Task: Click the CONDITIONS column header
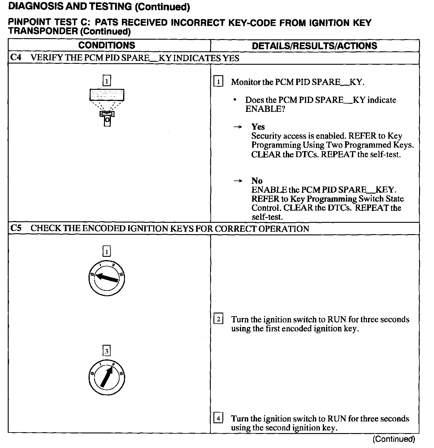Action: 107,45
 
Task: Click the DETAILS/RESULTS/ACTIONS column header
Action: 314,46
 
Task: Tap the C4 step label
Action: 16,58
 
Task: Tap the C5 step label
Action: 16,228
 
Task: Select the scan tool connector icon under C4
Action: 107,107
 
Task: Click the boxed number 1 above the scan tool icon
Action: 106,81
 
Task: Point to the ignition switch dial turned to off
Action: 106,278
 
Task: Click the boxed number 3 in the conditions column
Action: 106,351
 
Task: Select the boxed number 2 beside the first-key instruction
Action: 218,319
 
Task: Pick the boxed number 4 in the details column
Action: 218,418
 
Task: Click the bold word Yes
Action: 258,127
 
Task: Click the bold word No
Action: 257,181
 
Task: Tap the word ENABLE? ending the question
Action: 265,109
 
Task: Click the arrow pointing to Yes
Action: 238,127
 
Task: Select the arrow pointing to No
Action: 238,181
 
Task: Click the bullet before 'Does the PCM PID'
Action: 235,100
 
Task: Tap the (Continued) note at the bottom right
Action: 393,439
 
